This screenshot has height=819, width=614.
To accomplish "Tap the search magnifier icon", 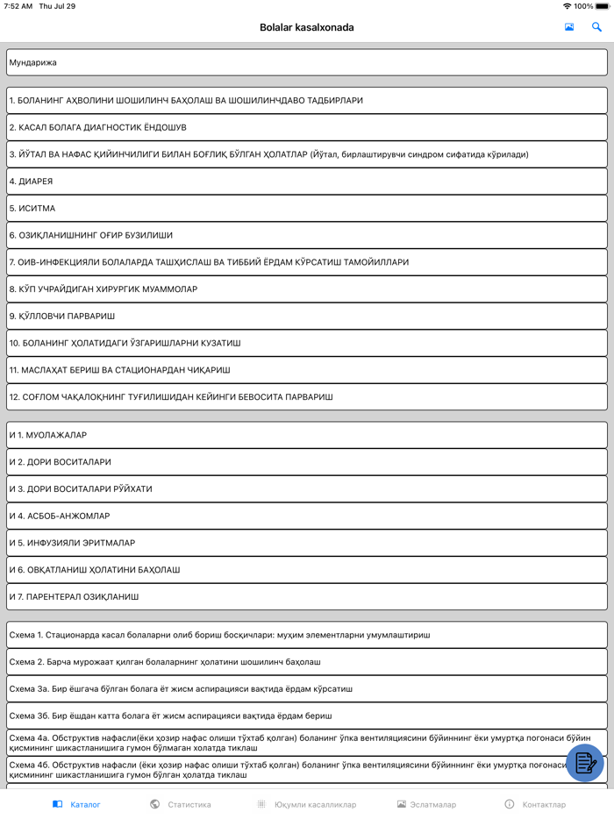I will (x=597, y=27).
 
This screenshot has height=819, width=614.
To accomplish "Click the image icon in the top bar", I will (x=569, y=27).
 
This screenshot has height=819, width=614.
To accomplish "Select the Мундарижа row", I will (x=306, y=62).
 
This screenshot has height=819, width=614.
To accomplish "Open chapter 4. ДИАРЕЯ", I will (x=306, y=182).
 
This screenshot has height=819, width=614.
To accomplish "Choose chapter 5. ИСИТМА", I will (x=306, y=209).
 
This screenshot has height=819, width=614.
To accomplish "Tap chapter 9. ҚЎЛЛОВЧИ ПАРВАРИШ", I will (x=306, y=316).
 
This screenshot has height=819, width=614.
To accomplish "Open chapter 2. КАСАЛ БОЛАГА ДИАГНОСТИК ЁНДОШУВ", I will (x=306, y=127).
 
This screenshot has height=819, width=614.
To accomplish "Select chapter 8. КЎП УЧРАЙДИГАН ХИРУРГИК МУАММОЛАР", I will (x=306, y=289).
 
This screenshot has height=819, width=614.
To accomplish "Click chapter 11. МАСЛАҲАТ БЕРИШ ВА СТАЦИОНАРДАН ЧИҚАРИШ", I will (x=306, y=370).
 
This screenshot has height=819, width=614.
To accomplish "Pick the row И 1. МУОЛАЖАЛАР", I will (x=306, y=435).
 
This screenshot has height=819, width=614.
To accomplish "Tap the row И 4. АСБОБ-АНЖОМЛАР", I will (x=306, y=516).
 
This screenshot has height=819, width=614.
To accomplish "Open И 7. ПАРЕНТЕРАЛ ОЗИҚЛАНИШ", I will (x=306, y=597).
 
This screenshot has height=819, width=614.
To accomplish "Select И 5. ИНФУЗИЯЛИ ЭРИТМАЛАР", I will (x=306, y=543).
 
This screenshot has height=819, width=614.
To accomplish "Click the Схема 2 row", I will (x=306, y=661).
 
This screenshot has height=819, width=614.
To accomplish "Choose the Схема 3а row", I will (x=306, y=688).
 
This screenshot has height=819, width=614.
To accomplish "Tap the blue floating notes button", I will (x=585, y=763).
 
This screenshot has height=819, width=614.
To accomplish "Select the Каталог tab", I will (x=77, y=804).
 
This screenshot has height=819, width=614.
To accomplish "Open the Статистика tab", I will (x=181, y=804).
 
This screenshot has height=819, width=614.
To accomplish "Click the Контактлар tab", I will (x=535, y=804).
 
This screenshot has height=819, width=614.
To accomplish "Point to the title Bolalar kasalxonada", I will (x=307, y=27).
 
